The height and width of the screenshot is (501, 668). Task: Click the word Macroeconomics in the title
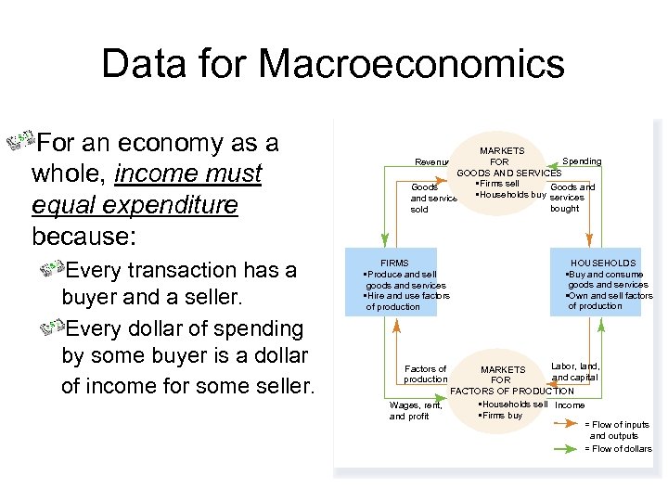[411, 64]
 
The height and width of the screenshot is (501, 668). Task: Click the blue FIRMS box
[391, 282]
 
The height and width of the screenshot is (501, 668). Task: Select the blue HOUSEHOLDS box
[596, 282]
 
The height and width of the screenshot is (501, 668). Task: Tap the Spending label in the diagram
[582, 161]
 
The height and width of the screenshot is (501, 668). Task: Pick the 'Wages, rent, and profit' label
[416, 410]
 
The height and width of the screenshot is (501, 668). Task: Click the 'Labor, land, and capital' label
[575, 371]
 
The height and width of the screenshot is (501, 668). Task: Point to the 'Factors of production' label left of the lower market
[425, 374]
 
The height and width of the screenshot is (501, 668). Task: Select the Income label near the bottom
[570, 405]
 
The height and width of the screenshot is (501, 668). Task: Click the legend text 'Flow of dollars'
[621, 449]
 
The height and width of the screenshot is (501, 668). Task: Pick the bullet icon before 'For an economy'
[19, 143]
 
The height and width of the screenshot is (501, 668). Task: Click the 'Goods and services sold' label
[430, 198]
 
